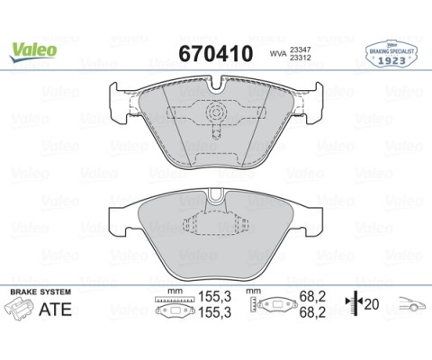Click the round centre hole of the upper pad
(216, 112)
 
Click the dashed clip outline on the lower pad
(216, 230)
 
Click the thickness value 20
(370, 304)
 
